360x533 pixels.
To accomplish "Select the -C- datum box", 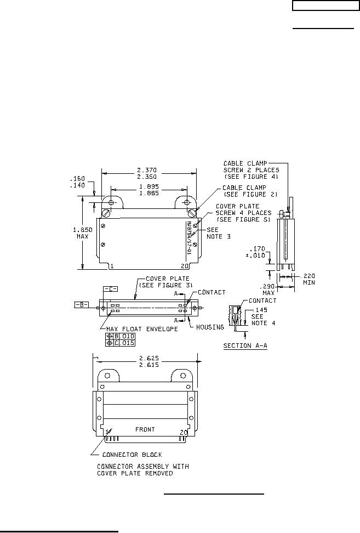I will click(110, 289).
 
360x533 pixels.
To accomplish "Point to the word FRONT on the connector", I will click(145, 429).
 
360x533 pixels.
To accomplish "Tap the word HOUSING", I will click(210, 327).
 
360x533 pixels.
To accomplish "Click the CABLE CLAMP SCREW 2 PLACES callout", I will click(251, 170).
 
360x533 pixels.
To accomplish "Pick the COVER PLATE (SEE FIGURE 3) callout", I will click(167, 282).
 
